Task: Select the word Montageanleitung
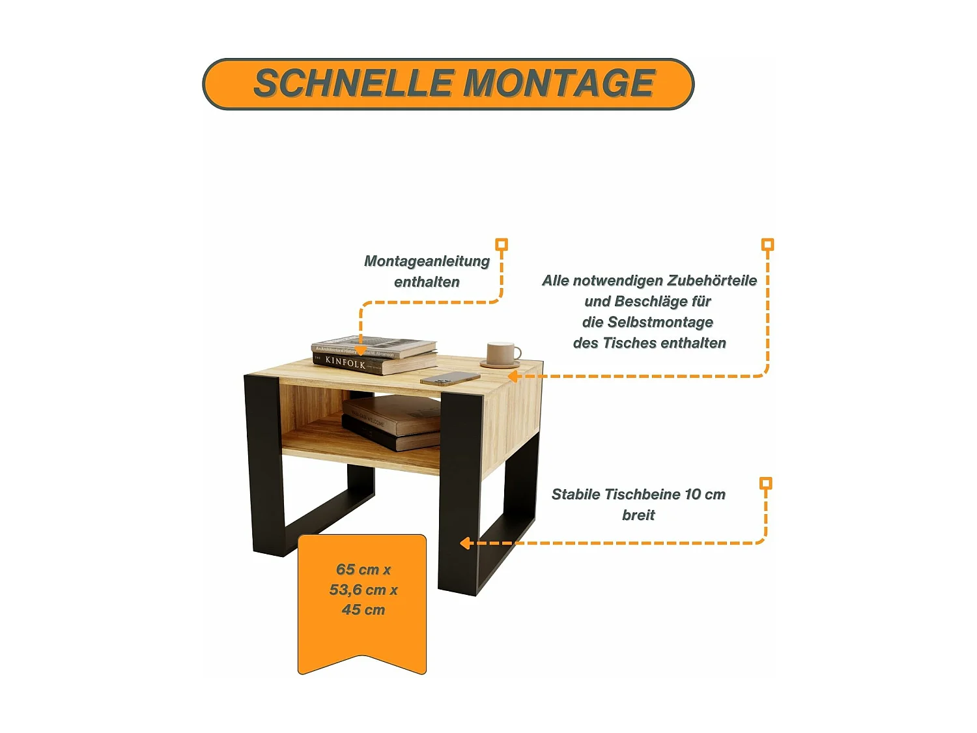click(x=427, y=261)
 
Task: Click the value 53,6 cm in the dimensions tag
click(x=358, y=590)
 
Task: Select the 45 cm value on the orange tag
click(x=363, y=611)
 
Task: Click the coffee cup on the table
click(x=502, y=354)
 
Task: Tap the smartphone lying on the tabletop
click(x=450, y=379)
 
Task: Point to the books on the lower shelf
click(x=391, y=424)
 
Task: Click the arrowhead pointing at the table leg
click(x=465, y=543)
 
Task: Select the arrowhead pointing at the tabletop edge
click(x=513, y=377)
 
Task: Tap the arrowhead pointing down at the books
click(x=360, y=351)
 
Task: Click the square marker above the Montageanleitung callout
click(x=502, y=245)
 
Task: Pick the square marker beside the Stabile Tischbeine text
click(x=766, y=483)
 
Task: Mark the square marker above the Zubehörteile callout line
click(x=768, y=245)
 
